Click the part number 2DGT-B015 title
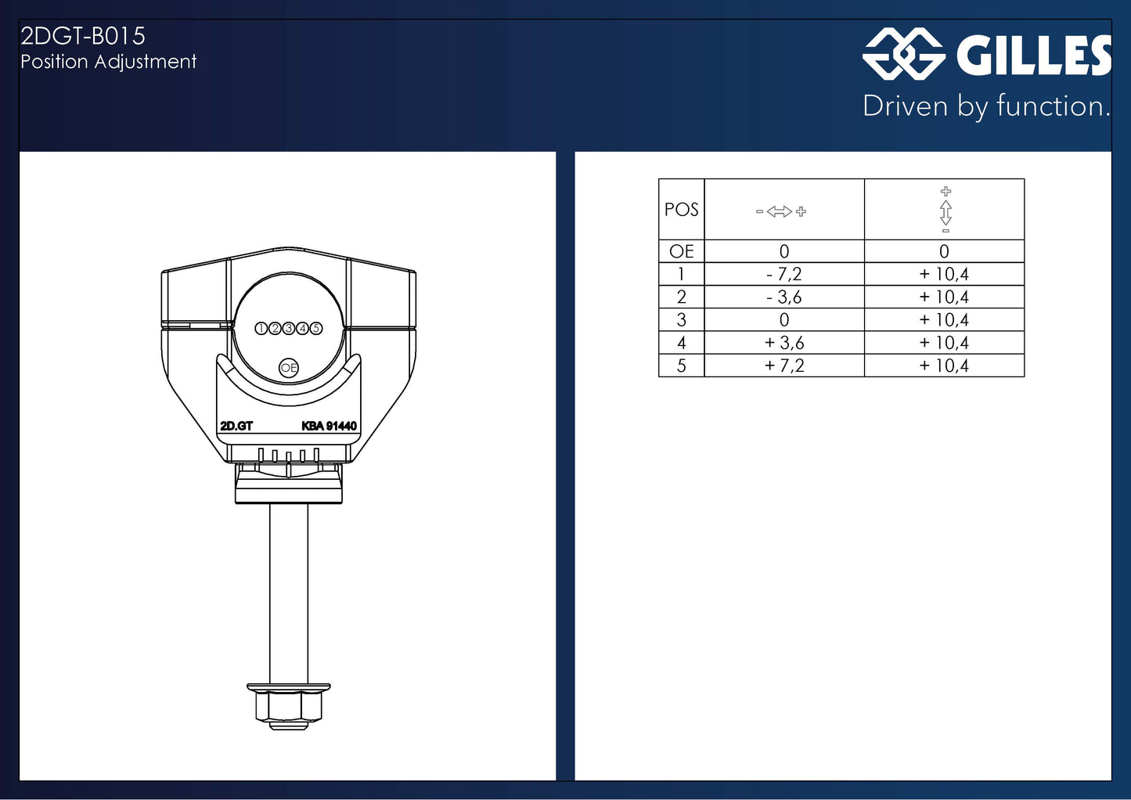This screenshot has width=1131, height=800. [83, 36]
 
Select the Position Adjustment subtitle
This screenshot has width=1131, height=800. [108, 62]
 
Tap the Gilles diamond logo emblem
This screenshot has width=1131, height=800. [904, 53]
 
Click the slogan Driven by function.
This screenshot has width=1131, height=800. [987, 106]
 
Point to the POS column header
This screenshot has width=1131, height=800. [681, 210]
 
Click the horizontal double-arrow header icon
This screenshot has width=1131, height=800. [780, 211]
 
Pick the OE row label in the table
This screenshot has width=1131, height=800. [681, 251]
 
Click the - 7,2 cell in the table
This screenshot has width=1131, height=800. [783, 274]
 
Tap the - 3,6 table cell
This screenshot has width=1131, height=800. [783, 297]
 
